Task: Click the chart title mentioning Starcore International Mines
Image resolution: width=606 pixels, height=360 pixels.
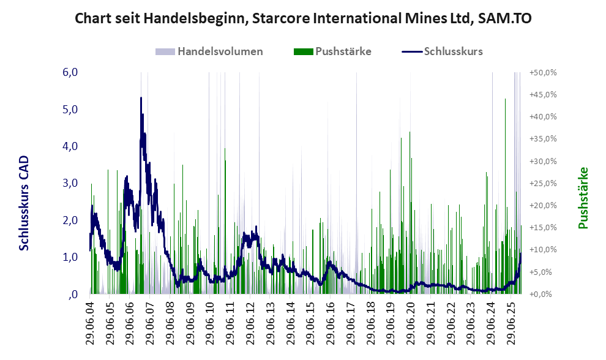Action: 302,18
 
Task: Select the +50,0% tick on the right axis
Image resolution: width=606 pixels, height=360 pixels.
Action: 543,72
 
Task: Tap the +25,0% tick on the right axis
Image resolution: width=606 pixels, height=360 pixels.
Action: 543,183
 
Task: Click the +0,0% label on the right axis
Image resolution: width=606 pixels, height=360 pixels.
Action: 543,294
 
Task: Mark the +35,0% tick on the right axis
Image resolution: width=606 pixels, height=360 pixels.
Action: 543,139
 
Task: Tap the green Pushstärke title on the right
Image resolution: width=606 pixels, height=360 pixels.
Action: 583,198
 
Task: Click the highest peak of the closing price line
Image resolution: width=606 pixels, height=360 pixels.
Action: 141,97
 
